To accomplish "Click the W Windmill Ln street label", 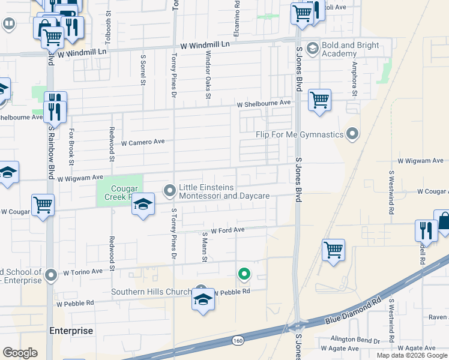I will coord(205,45).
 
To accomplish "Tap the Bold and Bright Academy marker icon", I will coord(312,48).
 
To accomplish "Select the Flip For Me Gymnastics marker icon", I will coord(354,134).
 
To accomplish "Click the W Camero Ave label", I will coord(143,143).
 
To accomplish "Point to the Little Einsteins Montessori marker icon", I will coord(170,191).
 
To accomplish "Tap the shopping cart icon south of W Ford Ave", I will coord(333,249).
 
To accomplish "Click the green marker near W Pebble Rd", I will coord(244,275).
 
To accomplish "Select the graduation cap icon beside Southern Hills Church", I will coord(203,299).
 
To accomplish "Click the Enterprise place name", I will coord(71,331).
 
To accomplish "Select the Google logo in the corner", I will coord(20,353).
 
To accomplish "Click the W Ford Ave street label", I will coord(227,230).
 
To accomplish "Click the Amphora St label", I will coord(355,79).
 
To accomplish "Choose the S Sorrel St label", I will coord(143,71).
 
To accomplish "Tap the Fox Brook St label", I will coord(71,147).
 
